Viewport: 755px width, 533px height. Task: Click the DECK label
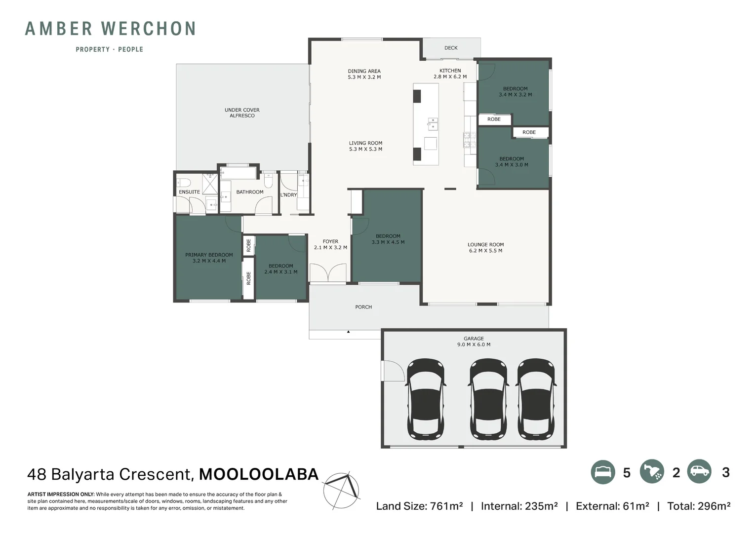[x=450, y=48]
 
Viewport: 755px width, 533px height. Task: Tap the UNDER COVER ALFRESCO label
[x=242, y=113]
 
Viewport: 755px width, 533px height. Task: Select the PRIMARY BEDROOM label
[x=209, y=258]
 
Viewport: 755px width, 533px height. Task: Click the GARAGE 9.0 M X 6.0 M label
[x=474, y=342]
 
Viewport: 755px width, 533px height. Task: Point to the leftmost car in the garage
[x=425, y=399]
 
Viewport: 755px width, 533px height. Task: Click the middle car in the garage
[x=488, y=399]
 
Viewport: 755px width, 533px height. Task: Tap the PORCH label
[x=363, y=307]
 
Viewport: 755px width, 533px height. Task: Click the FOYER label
[x=330, y=245]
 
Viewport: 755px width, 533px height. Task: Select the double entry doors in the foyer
[x=328, y=273]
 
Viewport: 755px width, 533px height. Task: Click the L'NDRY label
[x=288, y=195]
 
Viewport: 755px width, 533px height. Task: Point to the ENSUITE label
[x=189, y=192]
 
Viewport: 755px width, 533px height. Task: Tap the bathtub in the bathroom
[x=238, y=173]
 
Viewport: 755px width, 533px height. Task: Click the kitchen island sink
[x=433, y=123]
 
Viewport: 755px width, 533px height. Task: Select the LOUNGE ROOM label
[x=485, y=248]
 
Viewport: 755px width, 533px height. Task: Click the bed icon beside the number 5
[x=602, y=472]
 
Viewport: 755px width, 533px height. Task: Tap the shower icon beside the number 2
[x=652, y=472]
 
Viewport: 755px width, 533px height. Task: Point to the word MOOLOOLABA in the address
[x=259, y=474]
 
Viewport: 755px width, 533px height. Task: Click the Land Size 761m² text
[x=419, y=506]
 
